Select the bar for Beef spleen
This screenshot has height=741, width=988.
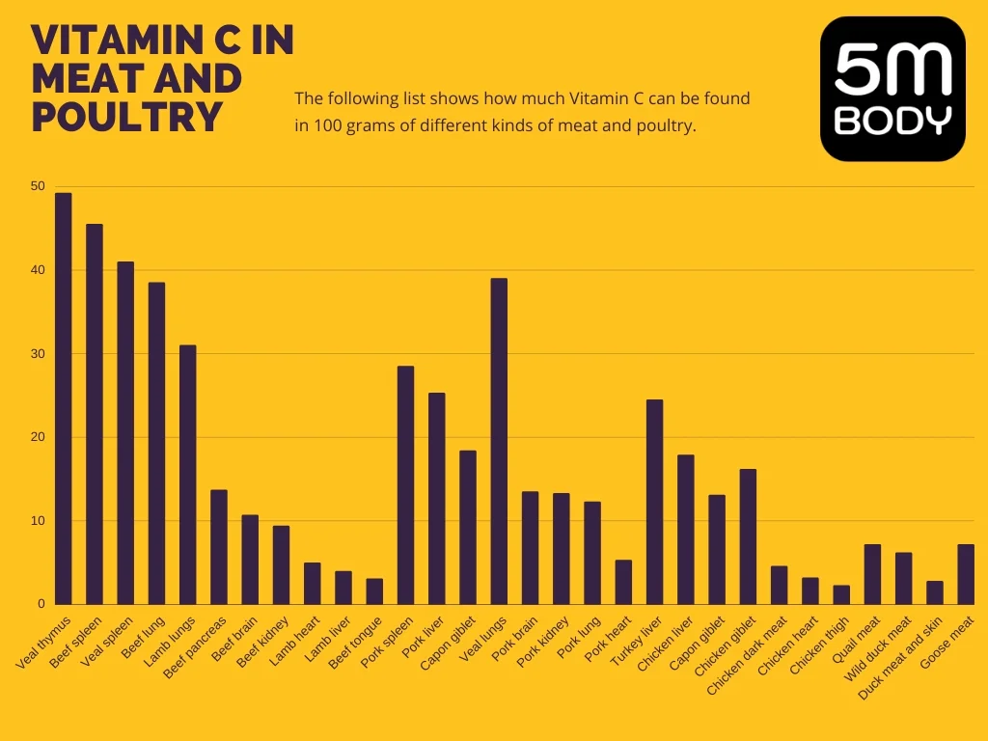[95, 414]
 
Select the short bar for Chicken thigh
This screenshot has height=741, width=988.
[841, 594]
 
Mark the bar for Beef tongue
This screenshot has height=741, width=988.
[374, 591]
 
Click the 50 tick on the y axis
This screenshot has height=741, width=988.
[38, 186]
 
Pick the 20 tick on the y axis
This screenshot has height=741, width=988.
[38, 437]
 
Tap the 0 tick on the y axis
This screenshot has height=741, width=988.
[41, 604]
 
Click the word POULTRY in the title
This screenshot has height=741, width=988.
[127, 117]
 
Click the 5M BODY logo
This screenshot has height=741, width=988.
[892, 89]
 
